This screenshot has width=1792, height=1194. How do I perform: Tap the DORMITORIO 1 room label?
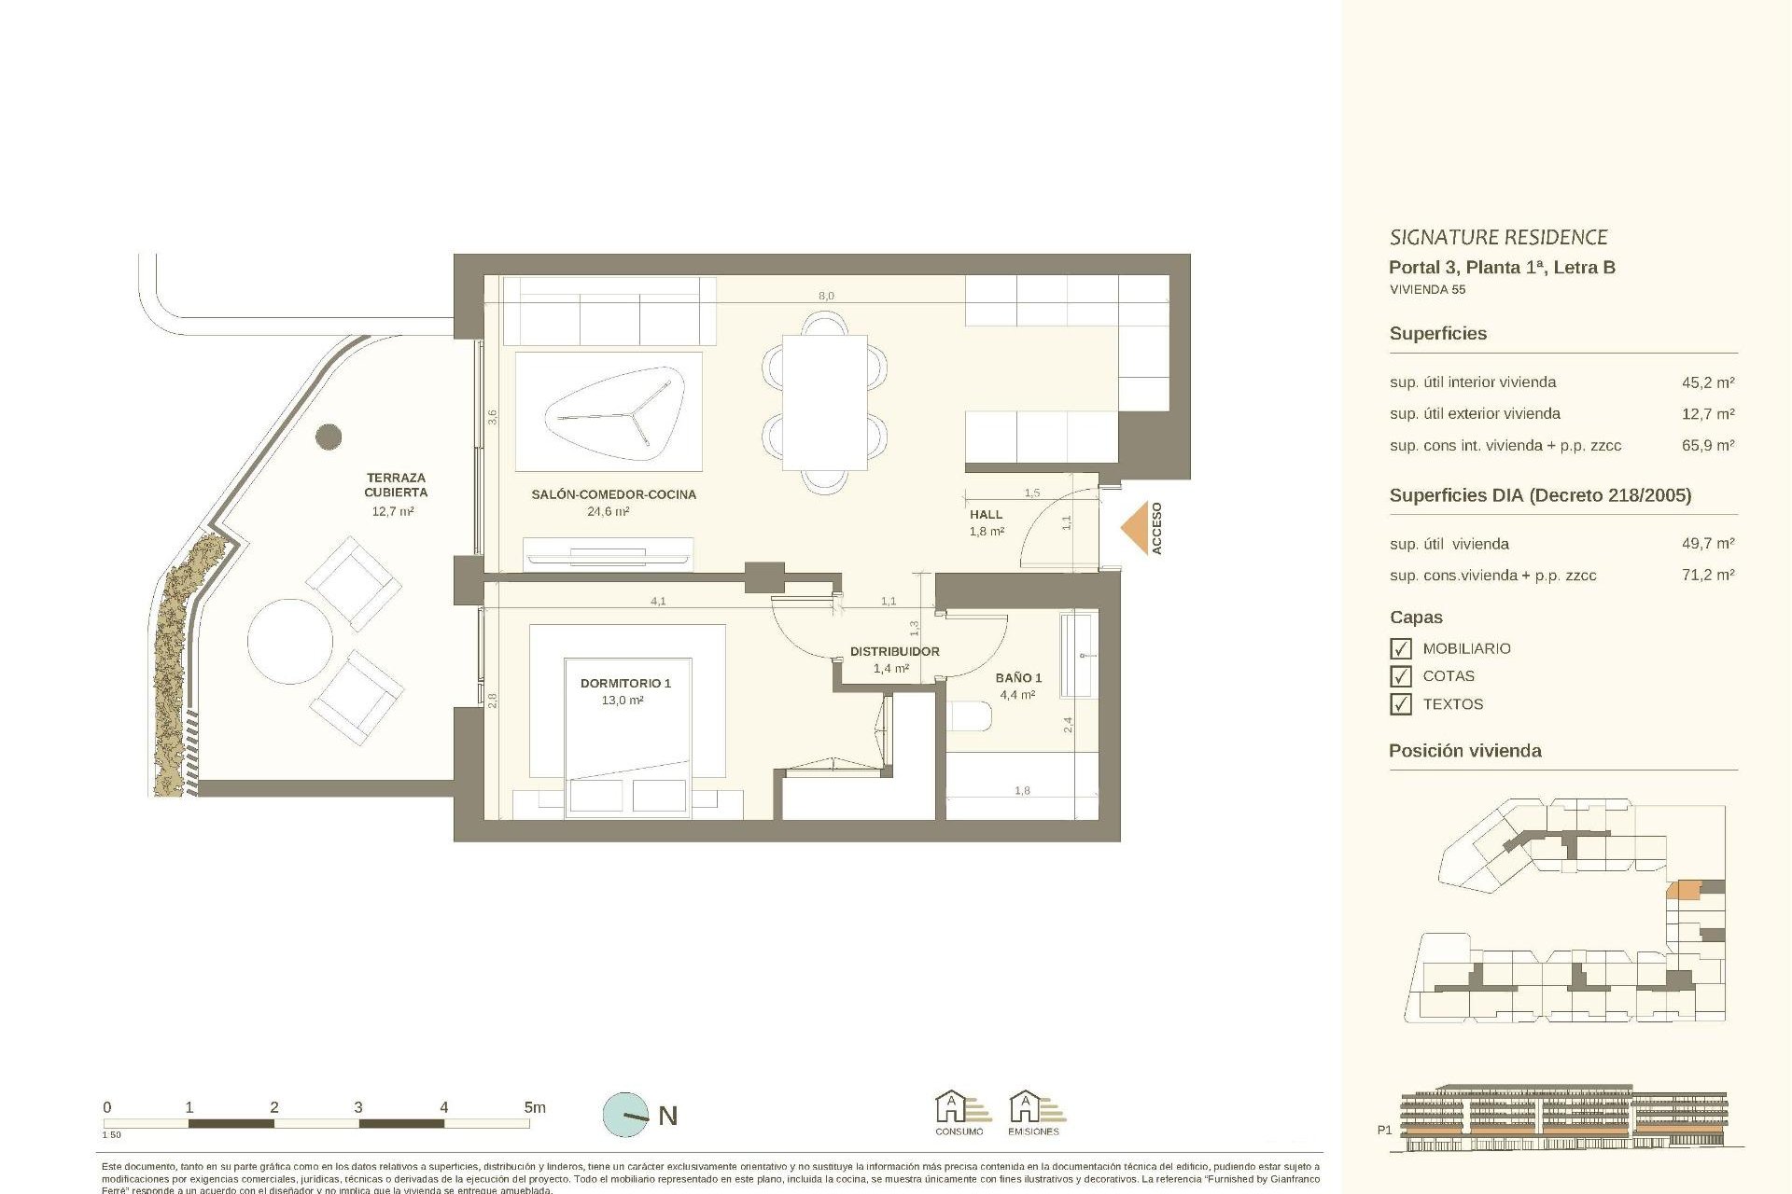click(x=625, y=683)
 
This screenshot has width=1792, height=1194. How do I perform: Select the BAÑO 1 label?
click(x=1018, y=677)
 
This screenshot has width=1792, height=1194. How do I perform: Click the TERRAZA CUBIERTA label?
click(x=396, y=485)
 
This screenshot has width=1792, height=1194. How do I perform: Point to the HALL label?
click(x=986, y=514)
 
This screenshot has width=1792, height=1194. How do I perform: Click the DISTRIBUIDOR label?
click(x=894, y=651)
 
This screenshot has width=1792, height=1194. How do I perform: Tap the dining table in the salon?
click(x=824, y=402)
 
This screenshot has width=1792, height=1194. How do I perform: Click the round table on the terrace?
click(x=290, y=642)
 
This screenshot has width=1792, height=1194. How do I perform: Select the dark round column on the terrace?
click(x=329, y=436)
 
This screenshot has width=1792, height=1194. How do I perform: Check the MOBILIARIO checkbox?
click(x=1400, y=648)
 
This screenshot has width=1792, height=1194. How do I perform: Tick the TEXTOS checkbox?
click(x=1400, y=704)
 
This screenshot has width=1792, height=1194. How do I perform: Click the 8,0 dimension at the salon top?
click(x=826, y=296)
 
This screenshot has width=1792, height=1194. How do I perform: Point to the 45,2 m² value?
click(x=1707, y=382)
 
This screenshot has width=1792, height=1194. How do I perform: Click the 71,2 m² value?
click(x=1707, y=576)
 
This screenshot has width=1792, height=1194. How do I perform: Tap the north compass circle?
click(x=625, y=1115)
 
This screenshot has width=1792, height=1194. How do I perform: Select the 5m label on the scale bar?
click(x=534, y=1107)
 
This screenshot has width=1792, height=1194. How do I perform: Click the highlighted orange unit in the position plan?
click(x=1684, y=889)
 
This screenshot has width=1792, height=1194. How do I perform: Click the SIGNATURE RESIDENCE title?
click(x=1497, y=237)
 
